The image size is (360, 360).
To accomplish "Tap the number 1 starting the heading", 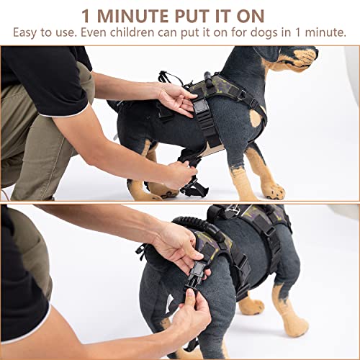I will point(86,15).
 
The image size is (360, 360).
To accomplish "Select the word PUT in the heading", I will point(197,15).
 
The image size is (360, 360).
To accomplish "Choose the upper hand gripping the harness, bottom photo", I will point(176,248).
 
